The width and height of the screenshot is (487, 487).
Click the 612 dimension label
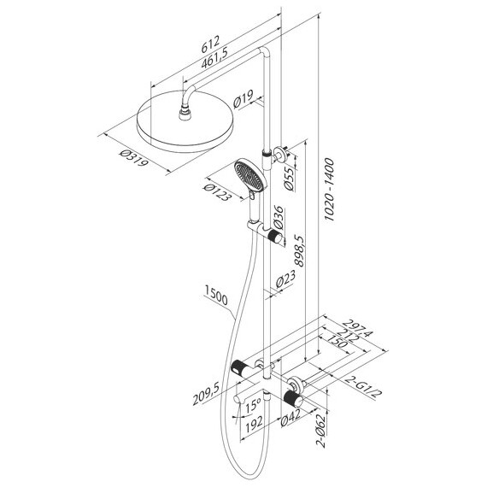point(210,44)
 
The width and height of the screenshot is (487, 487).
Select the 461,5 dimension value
point(214,58)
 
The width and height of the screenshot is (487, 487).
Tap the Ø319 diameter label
point(134,158)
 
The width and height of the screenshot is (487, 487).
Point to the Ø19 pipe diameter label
point(243,99)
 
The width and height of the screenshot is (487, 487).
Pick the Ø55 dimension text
point(289,178)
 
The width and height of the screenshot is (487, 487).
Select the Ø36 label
point(278,217)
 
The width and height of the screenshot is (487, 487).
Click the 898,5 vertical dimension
point(299,250)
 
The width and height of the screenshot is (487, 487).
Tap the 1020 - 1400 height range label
point(329,190)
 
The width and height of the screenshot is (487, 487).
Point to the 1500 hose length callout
point(216,296)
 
